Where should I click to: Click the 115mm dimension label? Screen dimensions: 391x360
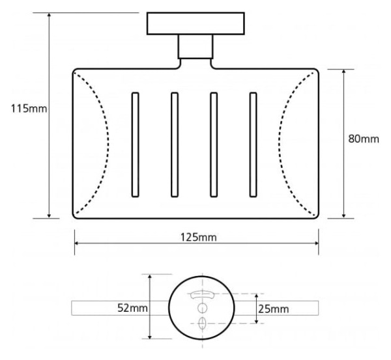coord(29,109)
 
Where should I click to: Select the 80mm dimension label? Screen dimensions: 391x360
coord(364,139)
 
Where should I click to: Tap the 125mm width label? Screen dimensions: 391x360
coord(199,237)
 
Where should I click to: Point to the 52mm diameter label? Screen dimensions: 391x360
coord(132,308)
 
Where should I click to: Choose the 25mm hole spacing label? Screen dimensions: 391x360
coord(274,309)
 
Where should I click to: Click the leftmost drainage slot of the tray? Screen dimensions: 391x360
coord(135,145)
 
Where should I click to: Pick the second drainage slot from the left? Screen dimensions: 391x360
coord(175,145)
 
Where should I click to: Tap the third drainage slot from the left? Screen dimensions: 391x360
coord(214,145)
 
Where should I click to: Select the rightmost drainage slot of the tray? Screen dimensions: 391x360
coord(253,145)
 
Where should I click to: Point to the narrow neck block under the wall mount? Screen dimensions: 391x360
coord(195,47)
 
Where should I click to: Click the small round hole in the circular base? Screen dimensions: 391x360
coord(202,308)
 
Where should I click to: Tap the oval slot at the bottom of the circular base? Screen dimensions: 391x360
coord(202,323)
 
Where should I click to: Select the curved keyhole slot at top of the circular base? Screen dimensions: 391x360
coord(202,294)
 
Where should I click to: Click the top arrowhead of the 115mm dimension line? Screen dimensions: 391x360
coord(49,15)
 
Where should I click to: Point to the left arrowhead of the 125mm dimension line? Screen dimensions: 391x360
coord(78,243)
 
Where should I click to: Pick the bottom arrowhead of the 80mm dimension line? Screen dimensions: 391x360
coord(344,215)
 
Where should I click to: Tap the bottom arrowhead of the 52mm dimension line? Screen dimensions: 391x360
coord(150,336)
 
